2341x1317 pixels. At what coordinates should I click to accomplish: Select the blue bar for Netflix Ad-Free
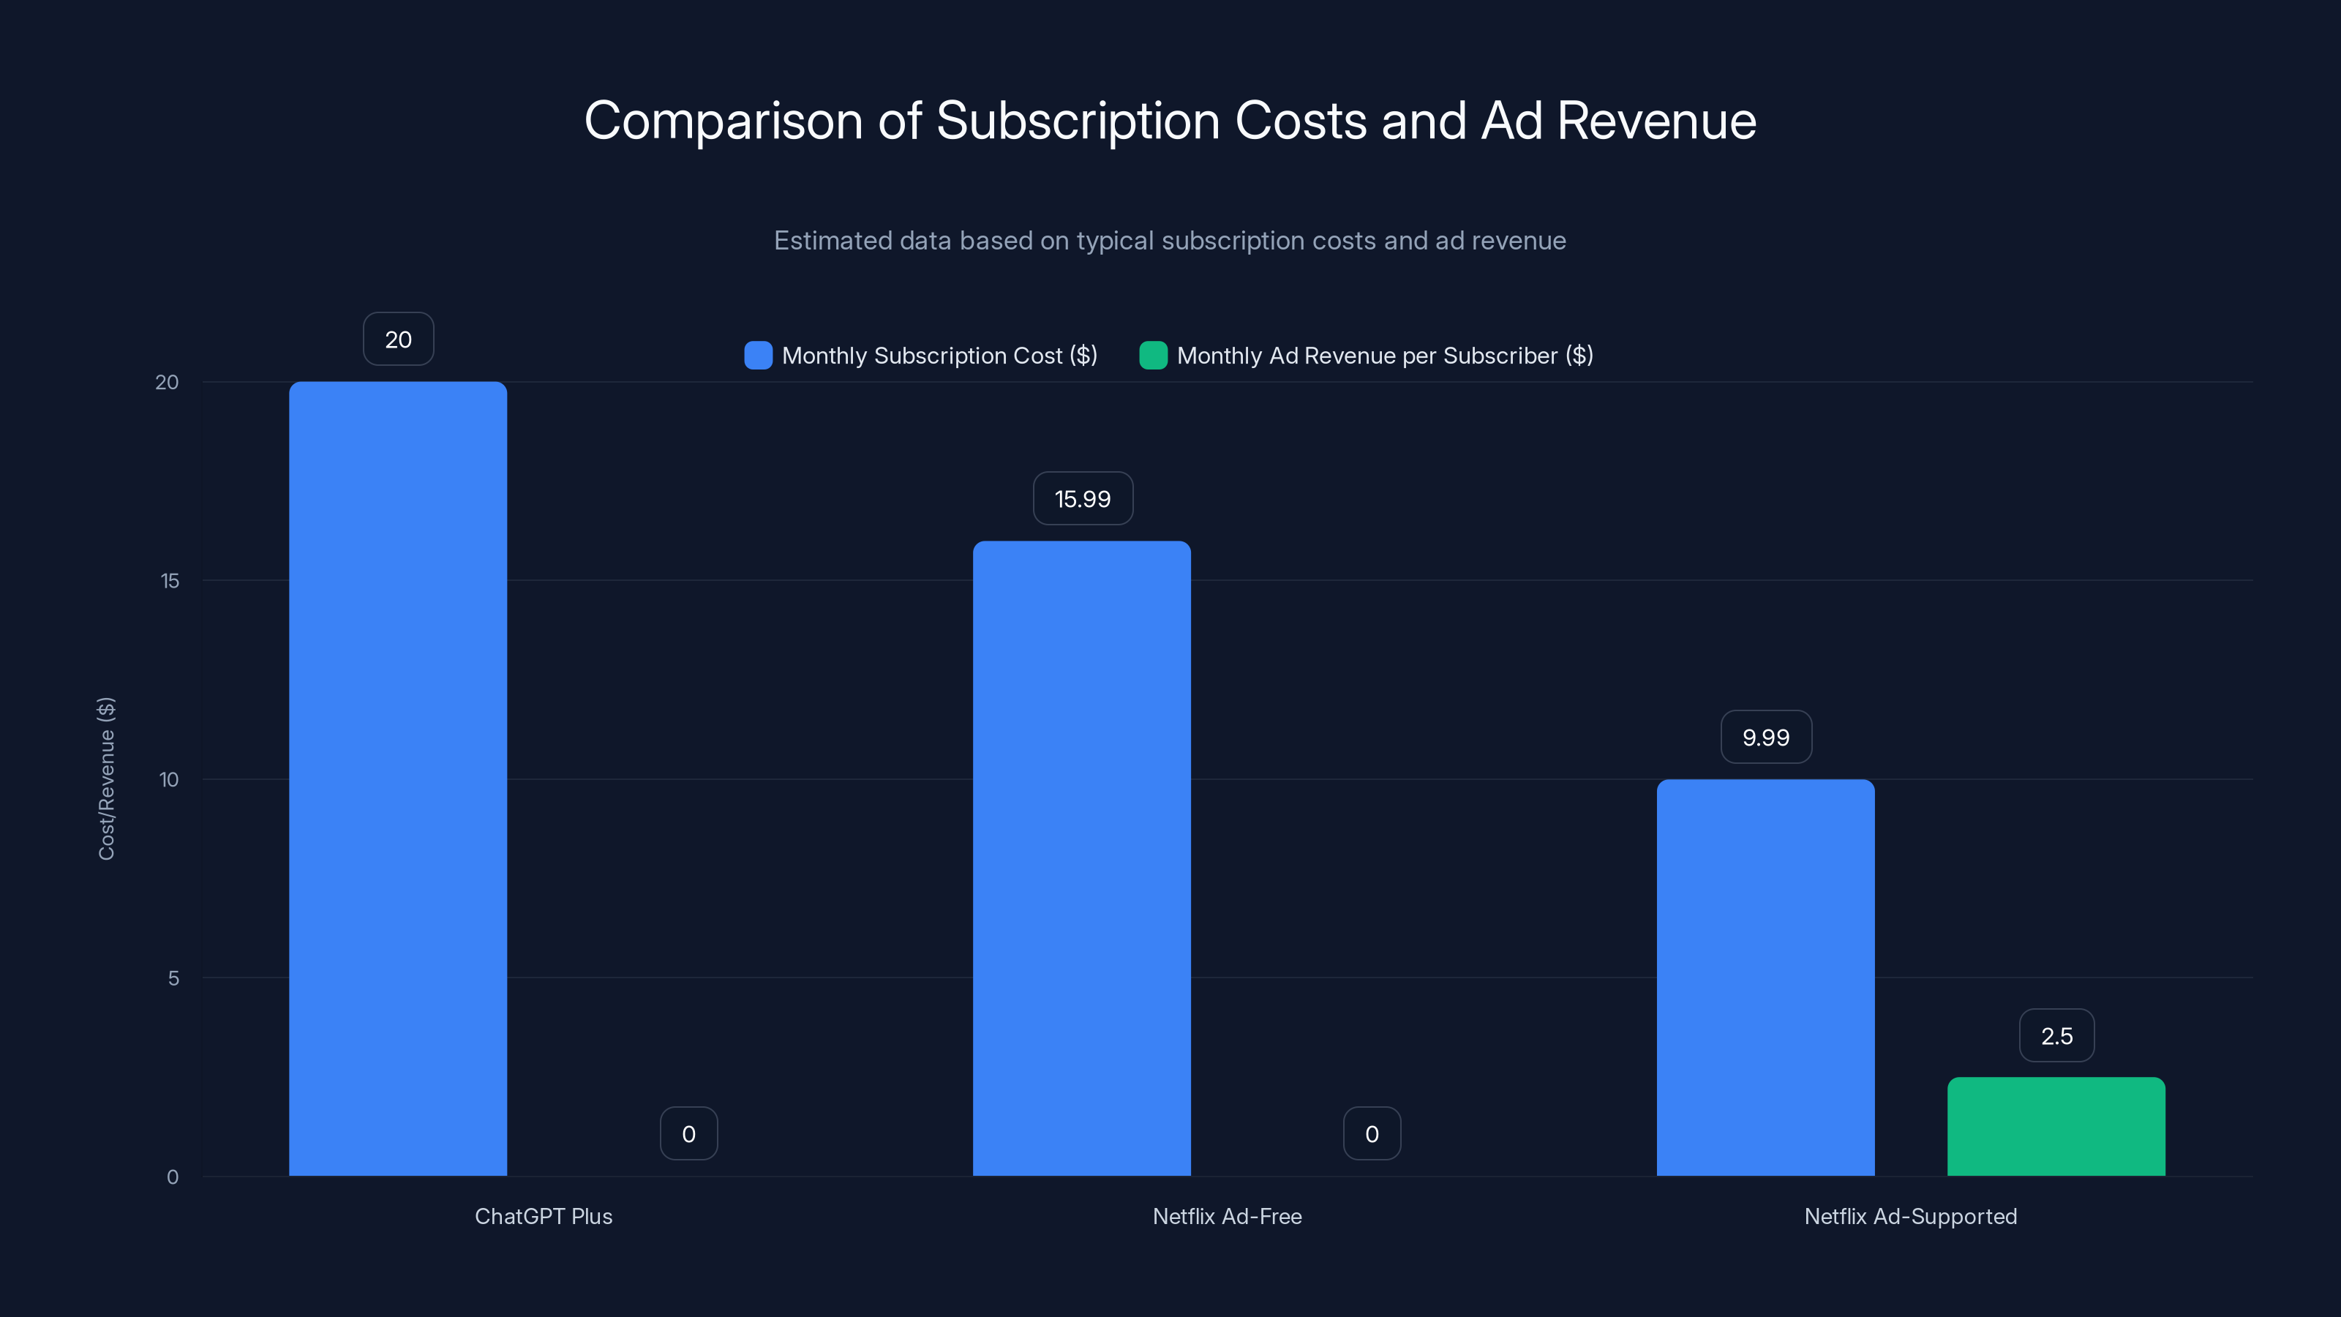pyautogui.click(x=1081, y=858)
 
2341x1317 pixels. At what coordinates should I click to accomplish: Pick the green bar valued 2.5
pyautogui.click(x=2056, y=1126)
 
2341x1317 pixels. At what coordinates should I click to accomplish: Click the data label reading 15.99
pyautogui.click(x=1083, y=498)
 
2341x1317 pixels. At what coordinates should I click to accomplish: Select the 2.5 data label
pyautogui.click(x=2056, y=1035)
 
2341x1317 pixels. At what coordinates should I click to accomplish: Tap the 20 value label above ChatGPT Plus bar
pyautogui.click(x=398, y=339)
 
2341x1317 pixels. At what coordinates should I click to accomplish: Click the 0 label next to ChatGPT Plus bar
pyautogui.click(x=688, y=1133)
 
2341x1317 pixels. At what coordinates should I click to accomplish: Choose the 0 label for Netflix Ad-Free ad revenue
pyautogui.click(x=1372, y=1133)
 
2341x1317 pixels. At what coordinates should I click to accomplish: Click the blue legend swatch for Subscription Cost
pyautogui.click(x=758, y=356)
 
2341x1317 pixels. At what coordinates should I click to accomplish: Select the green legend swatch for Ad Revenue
pyautogui.click(x=1152, y=356)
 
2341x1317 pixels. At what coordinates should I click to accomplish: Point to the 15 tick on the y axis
pyautogui.click(x=170, y=581)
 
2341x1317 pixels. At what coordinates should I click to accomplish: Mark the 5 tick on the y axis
pyautogui.click(x=173, y=978)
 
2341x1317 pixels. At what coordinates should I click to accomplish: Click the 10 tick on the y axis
pyautogui.click(x=169, y=779)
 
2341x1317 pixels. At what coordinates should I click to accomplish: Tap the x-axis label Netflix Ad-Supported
pyautogui.click(x=1910, y=1216)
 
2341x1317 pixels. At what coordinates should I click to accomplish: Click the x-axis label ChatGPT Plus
pyautogui.click(x=544, y=1216)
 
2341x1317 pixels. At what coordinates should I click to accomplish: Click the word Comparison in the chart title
pyautogui.click(x=723, y=121)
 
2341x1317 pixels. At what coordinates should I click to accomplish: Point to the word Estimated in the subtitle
pyautogui.click(x=833, y=241)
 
